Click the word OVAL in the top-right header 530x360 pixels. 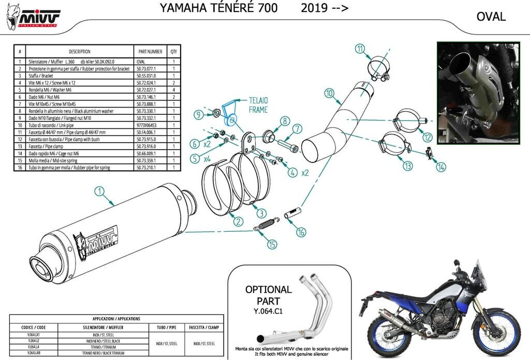pos(491,17)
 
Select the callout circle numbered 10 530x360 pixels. pos(329,94)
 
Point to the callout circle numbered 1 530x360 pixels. pos(99,192)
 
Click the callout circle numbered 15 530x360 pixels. pos(272,245)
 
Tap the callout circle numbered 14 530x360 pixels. pos(440,167)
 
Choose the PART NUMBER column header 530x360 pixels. pos(151,52)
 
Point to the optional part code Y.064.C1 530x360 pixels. pos(268,311)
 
